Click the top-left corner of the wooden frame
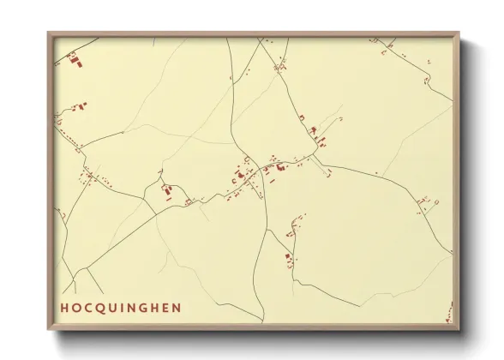click(49, 33)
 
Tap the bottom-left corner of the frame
click(49, 328)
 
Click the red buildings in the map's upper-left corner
click(74, 59)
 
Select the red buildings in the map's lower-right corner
click(447, 320)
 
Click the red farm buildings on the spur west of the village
click(167, 190)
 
